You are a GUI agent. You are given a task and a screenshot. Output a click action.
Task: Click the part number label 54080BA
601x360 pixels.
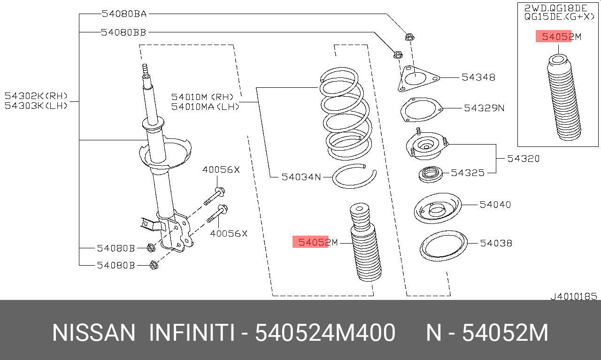(124, 14)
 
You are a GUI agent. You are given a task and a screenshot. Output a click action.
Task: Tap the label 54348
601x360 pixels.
(478, 77)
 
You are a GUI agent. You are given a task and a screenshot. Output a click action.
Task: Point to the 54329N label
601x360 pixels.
(484, 108)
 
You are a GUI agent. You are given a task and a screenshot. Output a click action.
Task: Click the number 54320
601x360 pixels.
(523, 159)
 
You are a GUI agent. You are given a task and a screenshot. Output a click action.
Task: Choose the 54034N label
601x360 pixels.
(301, 177)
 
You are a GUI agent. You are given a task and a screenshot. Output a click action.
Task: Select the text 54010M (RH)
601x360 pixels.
(202, 97)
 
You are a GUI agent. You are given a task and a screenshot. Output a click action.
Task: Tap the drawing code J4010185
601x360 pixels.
(573, 296)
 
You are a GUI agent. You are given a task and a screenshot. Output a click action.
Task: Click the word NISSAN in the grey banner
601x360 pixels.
(93, 333)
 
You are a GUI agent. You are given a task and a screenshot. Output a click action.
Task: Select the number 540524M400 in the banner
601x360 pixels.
(324, 333)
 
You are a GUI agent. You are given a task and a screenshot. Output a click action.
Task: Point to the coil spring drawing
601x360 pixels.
(345, 115)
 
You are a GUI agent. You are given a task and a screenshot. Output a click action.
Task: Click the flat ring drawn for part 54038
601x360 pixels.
(443, 246)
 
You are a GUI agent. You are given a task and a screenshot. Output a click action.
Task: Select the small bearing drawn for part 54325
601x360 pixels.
(431, 175)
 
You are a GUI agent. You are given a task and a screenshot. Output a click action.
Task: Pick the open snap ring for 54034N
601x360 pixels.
(354, 177)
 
